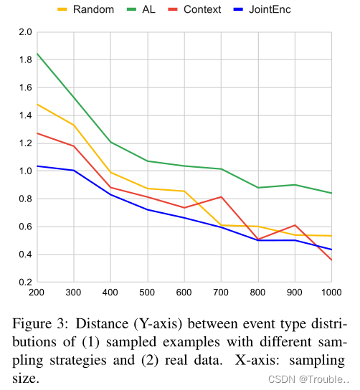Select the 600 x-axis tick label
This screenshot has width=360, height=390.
coord(184,292)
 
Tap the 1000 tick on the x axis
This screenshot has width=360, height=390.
coord(331,292)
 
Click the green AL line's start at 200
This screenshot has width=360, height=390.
coord(37,54)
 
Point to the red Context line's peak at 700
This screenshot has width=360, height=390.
coord(221,196)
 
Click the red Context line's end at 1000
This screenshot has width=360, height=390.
coord(331,260)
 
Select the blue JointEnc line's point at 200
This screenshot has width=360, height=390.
coord(37,166)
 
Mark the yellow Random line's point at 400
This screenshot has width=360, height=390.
coord(110,173)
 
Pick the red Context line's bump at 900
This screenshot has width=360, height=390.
coord(295,225)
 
